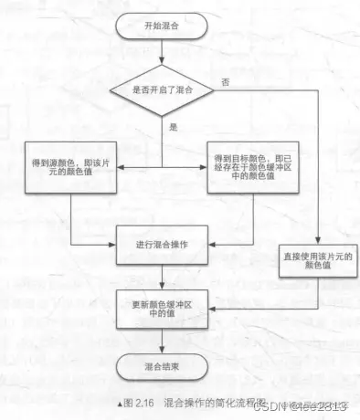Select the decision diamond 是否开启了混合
tap(162, 90)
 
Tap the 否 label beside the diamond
tap(226, 82)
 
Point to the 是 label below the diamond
tap(172, 130)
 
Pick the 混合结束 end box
tap(162, 368)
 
